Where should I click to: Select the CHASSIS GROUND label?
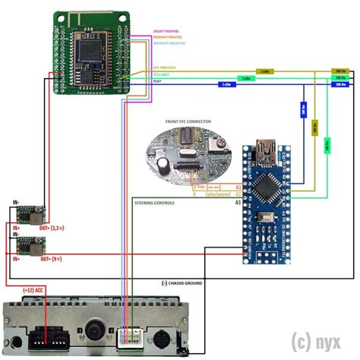click(182, 283)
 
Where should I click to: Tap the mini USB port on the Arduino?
click(267, 146)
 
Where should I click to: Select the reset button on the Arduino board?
click(265, 219)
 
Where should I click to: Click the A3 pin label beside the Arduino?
click(238, 203)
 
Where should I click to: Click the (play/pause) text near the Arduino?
click(216, 194)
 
